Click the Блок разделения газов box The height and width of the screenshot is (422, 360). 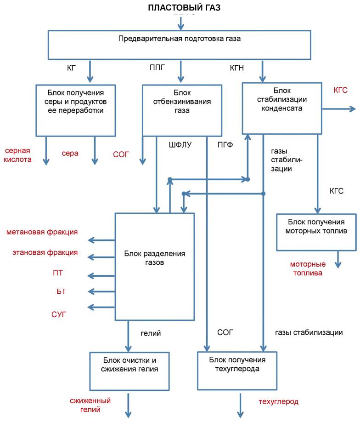154,266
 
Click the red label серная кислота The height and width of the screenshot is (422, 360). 18,155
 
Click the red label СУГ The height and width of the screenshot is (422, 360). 59,314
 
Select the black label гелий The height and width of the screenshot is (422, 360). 151,332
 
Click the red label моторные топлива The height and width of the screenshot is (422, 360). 307,268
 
